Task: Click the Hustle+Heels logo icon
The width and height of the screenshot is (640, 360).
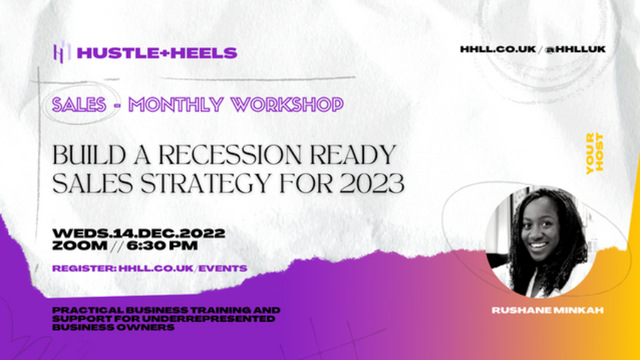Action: pos(62,52)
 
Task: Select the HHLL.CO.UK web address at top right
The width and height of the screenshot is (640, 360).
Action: pos(498,49)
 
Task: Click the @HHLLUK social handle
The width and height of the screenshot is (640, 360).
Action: pos(575,49)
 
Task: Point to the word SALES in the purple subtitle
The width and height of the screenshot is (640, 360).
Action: pos(79,105)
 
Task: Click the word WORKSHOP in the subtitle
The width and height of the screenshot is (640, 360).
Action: pos(287,105)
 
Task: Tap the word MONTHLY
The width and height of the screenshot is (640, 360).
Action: pos(176,105)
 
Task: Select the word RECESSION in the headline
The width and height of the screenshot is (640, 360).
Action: pos(230,155)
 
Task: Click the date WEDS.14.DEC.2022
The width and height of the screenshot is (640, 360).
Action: pos(139,233)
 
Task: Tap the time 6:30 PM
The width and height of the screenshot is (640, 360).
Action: pos(162,245)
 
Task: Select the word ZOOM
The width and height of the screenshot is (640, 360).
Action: pos(80,245)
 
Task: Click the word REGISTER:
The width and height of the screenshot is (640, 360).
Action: pos(85,268)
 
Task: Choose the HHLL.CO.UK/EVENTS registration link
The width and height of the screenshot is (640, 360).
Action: pos(183,268)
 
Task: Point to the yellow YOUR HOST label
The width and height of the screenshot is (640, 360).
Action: pos(594,154)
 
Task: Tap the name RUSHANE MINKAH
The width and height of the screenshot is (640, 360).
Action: pos(548,310)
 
